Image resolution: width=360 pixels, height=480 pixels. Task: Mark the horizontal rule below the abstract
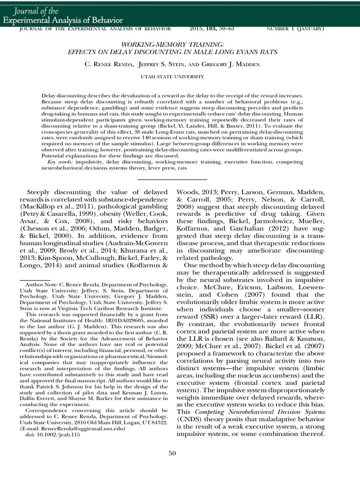[x=172, y=179]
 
